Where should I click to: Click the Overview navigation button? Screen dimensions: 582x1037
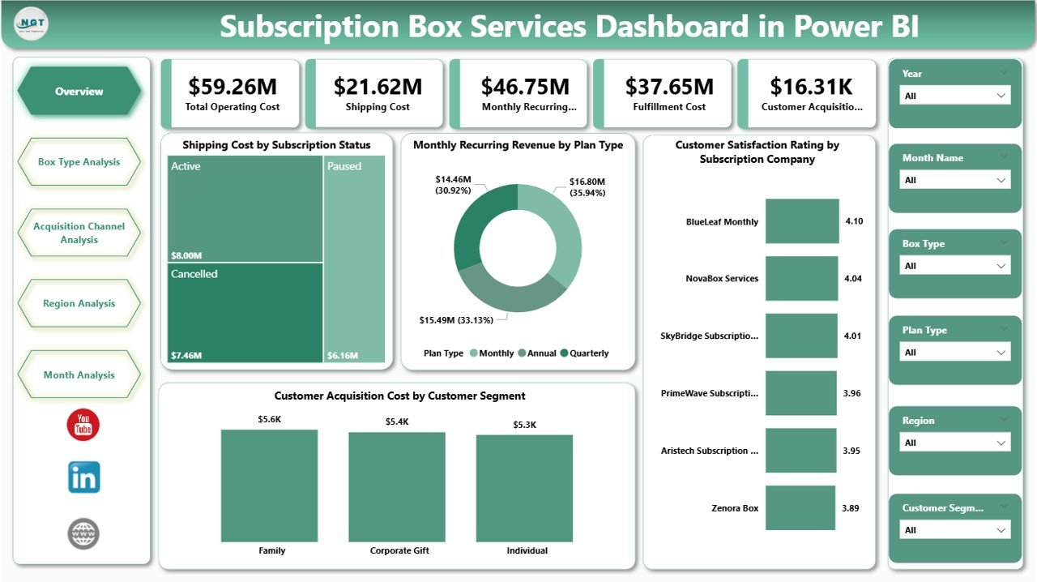[x=79, y=92]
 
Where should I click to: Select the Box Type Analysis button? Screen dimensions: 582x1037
[x=79, y=162]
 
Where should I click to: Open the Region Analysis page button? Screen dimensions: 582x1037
[x=79, y=304]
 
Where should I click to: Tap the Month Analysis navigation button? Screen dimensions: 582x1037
[x=79, y=375]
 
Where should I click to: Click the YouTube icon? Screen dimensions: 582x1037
[x=83, y=426]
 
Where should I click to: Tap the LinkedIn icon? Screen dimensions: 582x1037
[x=83, y=477]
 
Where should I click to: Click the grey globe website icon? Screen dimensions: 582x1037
[x=83, y=533]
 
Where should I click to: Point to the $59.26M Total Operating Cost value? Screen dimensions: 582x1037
[x=233, y=86]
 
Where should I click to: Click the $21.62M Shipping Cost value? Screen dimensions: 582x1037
[x=378, y=86]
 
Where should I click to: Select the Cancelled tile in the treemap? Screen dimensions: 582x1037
[x=245, y=312]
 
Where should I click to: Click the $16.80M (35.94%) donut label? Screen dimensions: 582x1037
[x=587, y=187]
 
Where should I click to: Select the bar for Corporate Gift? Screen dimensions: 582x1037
[x=397, y=486]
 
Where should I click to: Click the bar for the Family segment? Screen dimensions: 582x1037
[x=269, y=486]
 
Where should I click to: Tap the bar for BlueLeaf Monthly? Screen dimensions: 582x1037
[x=802, y=221]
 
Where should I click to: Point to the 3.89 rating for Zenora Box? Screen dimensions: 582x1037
[x=851, y=508]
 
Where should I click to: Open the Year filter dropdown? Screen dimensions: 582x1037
[x=955, y=96]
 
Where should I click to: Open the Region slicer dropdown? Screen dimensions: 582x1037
[x=955, y=443]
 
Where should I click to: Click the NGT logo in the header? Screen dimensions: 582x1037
[x=32, y=25]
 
